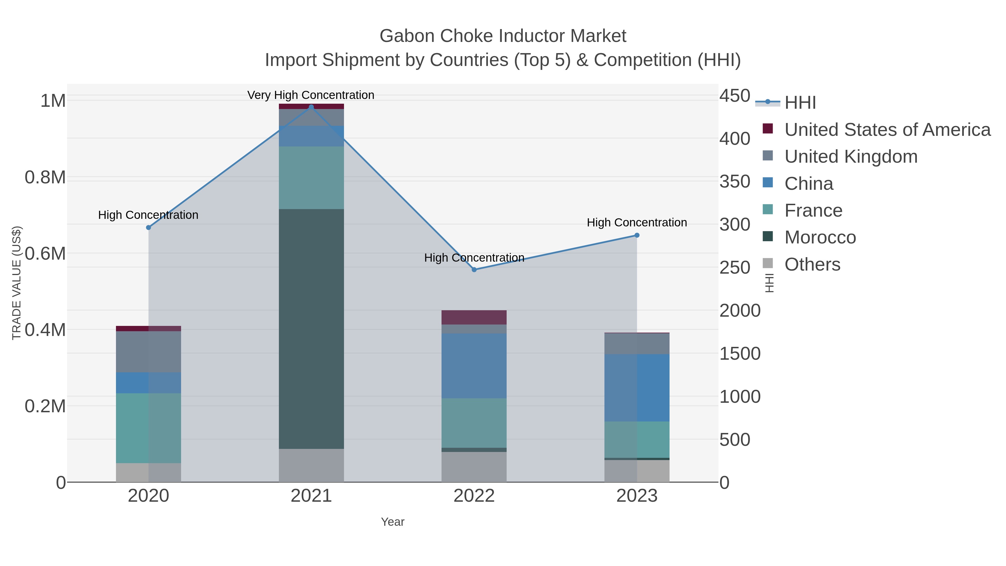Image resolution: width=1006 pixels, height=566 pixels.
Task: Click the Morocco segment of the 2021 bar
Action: point(311,329)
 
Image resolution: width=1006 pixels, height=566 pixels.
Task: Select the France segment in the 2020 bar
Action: point(148,428)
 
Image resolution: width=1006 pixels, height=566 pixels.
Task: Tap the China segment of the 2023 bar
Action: point(637,388)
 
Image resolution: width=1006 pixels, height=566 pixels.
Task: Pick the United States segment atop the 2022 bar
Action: point(474,317)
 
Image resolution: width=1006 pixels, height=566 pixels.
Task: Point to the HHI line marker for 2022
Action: point(474,269)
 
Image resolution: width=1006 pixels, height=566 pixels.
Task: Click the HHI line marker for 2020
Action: point(148,227)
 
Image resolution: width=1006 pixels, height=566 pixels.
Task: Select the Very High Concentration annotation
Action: point(311,95)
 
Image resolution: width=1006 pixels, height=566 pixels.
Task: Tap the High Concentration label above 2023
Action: point(637,223)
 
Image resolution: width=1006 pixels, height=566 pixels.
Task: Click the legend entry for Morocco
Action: point(820,238)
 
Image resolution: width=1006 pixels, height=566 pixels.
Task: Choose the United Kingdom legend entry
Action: point(851,157)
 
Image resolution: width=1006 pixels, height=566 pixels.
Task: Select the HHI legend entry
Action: point(800,103)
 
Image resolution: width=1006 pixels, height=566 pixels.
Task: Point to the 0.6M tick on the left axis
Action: point(45,254)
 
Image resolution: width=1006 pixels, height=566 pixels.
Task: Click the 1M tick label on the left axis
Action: point(53,101)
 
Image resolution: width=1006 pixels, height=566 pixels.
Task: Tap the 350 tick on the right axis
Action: point(735,182)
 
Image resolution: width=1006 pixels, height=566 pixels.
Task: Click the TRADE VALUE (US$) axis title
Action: point(16,283)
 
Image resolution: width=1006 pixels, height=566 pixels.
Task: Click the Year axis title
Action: point(393,522)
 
